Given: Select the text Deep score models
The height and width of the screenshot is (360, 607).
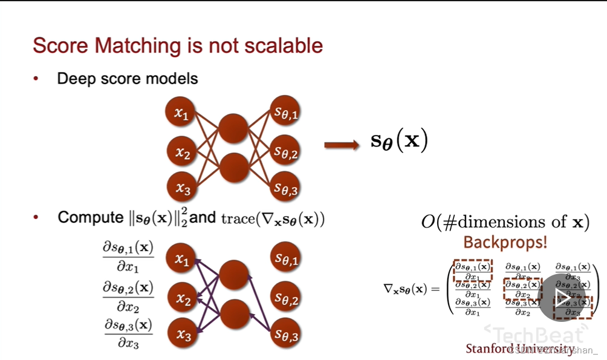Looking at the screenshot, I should click(127, 79).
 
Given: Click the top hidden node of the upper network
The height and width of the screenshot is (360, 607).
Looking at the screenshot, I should click(233, 128).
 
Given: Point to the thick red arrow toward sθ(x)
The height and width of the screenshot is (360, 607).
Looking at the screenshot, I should click(343, 145).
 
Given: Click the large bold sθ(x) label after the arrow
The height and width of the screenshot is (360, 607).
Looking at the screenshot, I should click(399, 141).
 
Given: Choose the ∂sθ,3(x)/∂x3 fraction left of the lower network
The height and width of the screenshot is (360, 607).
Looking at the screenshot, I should click(128, 334).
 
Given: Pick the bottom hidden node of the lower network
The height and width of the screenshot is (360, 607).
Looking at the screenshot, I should click(233, 314).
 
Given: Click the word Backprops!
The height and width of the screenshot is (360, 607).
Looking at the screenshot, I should click(505, 243).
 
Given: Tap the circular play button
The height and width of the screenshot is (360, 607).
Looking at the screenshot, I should click(562, 298).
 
